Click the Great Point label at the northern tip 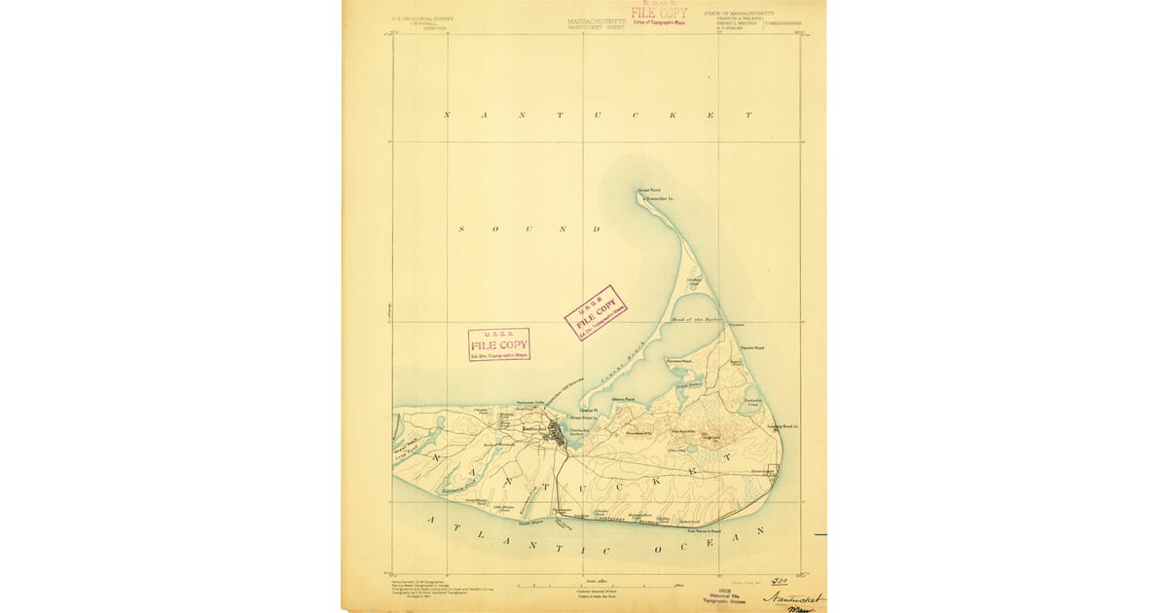point(648,190)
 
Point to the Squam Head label point(752,346)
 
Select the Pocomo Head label point(678,360)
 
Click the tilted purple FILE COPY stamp point(596,312)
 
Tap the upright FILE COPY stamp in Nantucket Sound point(499,344)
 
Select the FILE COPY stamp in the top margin point(658,14)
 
